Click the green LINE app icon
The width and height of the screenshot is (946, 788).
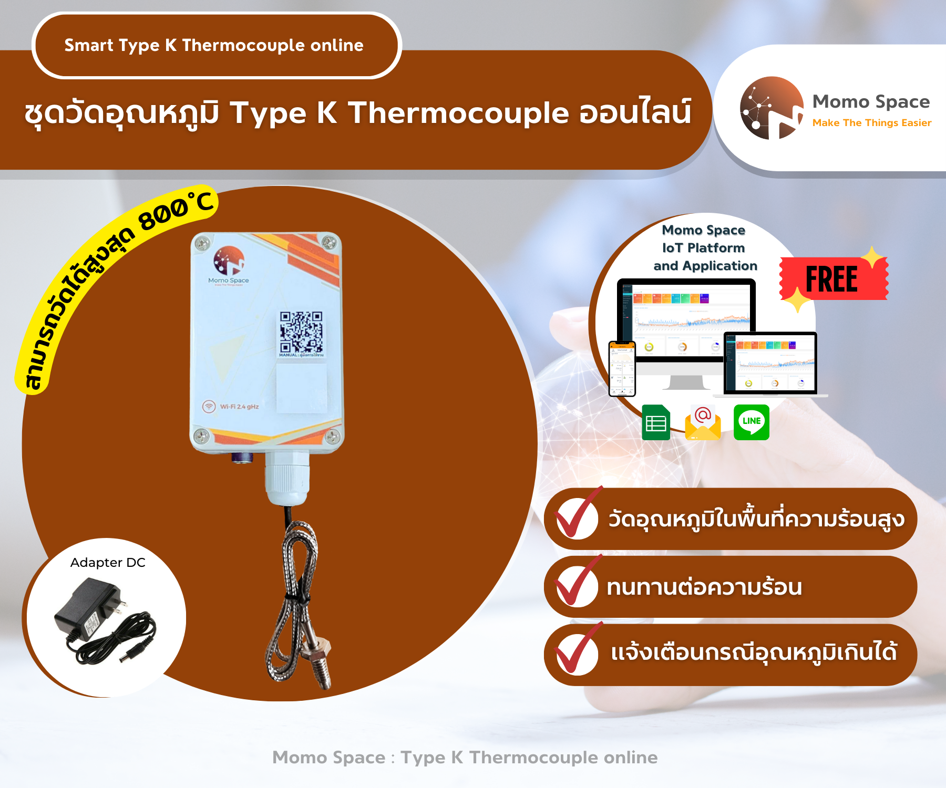pyautogui.click(x=751, y=422)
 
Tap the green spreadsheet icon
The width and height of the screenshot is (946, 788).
pyautogui.click(x=656, y=422)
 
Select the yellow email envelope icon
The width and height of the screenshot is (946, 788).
pyautogui.click(x=703, y=423)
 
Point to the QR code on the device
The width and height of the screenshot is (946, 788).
pyautogui.click(x=301, y=332)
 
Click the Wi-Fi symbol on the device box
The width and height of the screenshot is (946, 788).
pyautogui.click(x=209, y=406)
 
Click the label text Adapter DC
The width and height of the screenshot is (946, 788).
pyautogui.click(x=108, y=563)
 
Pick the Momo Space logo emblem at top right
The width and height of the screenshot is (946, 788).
pyautogui.click(x=771, y=108)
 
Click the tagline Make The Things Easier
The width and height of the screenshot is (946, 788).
pyautogui.click(x=871, y=123)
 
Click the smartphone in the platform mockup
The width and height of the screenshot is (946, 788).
pyautogui.click(x=622, y=368)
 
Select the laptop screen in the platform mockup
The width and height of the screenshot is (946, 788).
pyautogui.click(x=770, y=363)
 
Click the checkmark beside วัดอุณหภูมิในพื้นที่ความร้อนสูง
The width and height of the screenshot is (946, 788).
pyautogui.click(x=577, y=517)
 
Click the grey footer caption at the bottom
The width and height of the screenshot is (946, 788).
pyautogui.click(x=465, y=757)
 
